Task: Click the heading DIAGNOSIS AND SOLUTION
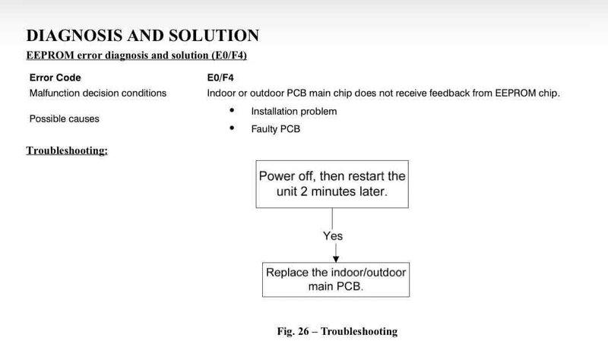tap(142, 35)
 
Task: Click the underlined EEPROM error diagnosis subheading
tap(137, 55)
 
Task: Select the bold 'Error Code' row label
tap(55, 77)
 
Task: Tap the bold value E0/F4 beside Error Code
tap(220, 77)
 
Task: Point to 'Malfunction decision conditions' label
tap(97, 93)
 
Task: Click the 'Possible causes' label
tap(64, 119)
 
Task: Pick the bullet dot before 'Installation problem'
tap(232, 110)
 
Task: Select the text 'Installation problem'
tap(293, 111)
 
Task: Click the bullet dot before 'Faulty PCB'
tap(232, 128)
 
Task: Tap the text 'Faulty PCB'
tap(276, 129)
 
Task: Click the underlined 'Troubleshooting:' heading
tap(67, 150)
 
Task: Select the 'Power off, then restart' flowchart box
tap(332, 184)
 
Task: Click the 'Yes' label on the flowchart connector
tap(333, 235)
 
